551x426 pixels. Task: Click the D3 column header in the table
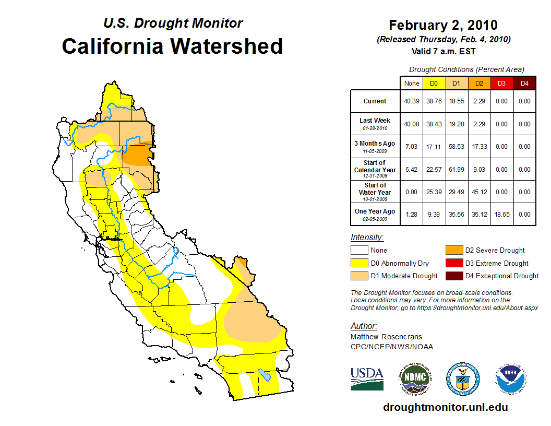(x=501, y=83)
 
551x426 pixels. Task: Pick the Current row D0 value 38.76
(x=434, y=101)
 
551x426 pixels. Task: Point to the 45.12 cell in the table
(x=478, y=192)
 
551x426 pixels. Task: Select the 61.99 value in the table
(x=456, y=169)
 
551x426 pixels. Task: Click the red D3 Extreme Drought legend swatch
(x=453, y=263)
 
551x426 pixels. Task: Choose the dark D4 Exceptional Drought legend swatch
(x=453, y=276)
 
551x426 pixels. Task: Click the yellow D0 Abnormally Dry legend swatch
(x=360, y=263)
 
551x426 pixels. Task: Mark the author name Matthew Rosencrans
(x=387, y=337)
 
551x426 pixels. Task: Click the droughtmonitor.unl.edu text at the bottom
(x=445, y=407)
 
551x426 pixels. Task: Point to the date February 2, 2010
(x=443, y=25)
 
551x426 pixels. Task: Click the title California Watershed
(x=172, y=46)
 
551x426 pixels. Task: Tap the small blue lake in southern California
(x=265, y=375)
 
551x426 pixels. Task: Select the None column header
(x=411, y=83)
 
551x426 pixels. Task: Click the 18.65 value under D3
(x=501, y=214)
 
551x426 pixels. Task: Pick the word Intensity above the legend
(x=367, y=238)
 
